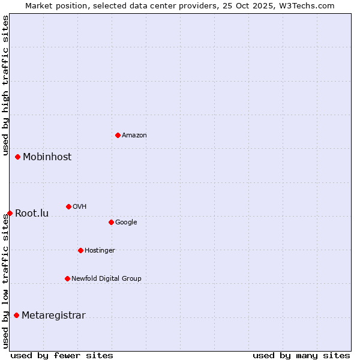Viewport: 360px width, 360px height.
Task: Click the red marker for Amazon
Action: click(118, 135)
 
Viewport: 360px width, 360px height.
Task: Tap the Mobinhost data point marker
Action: click(17, 157)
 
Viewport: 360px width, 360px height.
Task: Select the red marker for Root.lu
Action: click(10, 213)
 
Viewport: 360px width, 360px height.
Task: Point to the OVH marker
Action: click(68, 206)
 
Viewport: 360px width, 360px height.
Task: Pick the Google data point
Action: click(111, 222)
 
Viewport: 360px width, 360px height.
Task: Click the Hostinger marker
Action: click(80, 250)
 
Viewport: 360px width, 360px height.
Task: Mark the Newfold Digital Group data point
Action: click(67, 278)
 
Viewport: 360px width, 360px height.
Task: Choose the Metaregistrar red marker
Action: click(16, 315)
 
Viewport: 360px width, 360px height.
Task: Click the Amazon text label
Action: click(134, 136)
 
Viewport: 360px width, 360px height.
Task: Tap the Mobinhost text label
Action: click(47, 157)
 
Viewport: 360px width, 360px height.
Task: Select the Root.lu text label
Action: click(32, 214)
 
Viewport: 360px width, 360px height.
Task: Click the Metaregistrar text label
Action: click(53, 316)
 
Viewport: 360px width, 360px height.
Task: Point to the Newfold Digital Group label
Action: click(106, 278)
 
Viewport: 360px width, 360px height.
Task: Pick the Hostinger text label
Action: click(100, 250)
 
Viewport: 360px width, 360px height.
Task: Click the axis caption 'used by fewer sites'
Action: click(62, 355)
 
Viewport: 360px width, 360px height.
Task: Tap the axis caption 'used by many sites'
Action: click(301, 355)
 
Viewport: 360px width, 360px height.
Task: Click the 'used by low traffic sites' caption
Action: click(5, 280)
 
